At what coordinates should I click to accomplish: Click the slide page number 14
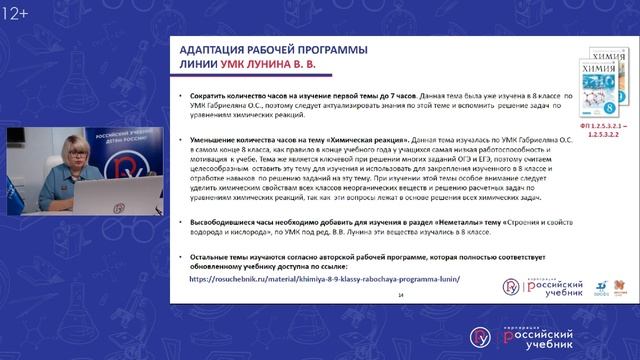(x=401, y=295)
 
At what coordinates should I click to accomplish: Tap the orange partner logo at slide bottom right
(x=598, y=287)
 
